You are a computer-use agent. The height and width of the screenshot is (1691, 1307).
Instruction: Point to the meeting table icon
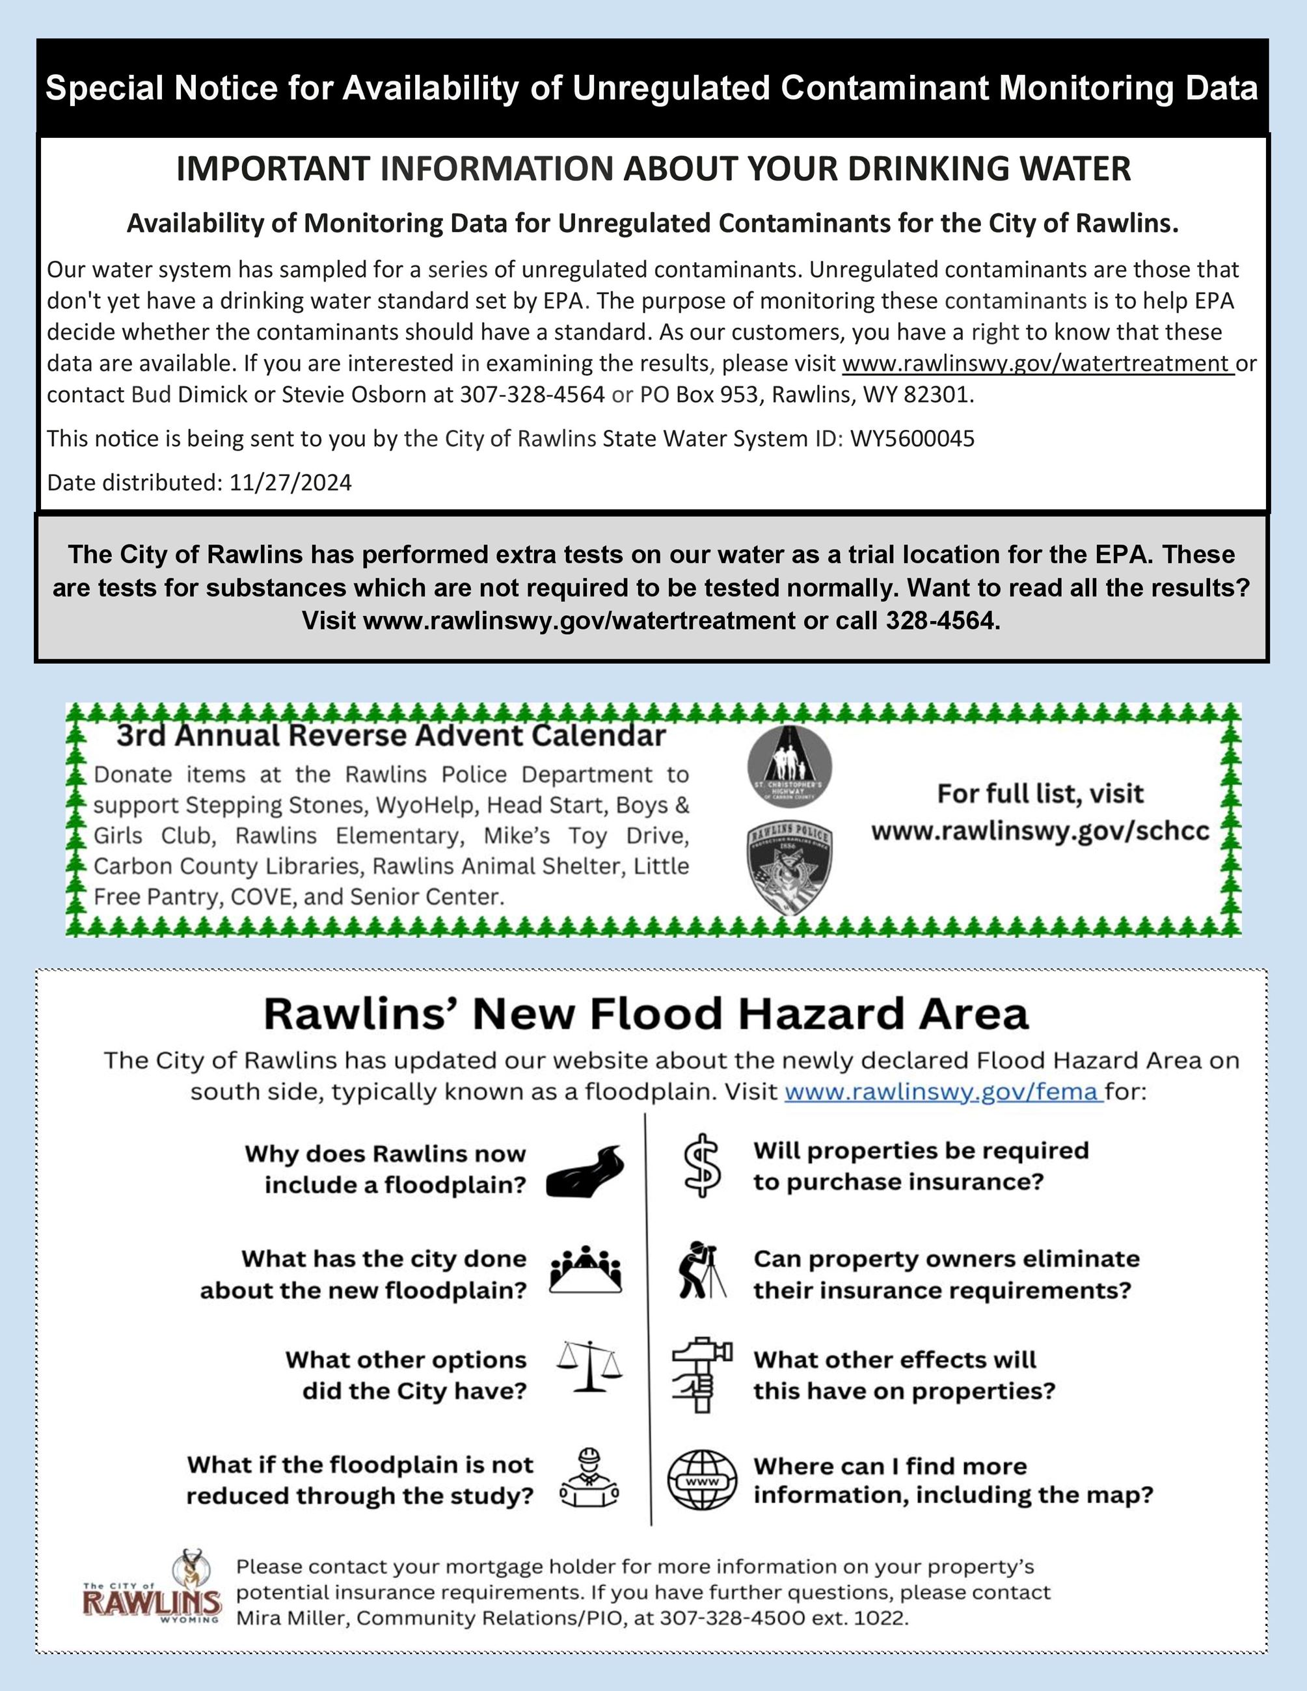click(x=586, y=1270)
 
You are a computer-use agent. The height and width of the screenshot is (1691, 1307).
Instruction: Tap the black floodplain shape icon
click(x=586, y=1171)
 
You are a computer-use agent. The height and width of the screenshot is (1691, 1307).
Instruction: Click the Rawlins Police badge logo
click(x=790, y=870)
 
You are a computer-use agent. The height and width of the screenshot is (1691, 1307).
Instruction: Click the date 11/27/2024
click(x=290, y=483)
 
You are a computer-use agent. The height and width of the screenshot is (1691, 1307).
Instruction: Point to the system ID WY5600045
click(x=912, y=439)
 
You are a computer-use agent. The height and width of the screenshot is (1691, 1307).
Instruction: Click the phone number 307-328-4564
click(x=532, y=395)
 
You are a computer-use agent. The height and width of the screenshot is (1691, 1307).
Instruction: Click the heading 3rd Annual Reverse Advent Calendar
click(x=391, y=735)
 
